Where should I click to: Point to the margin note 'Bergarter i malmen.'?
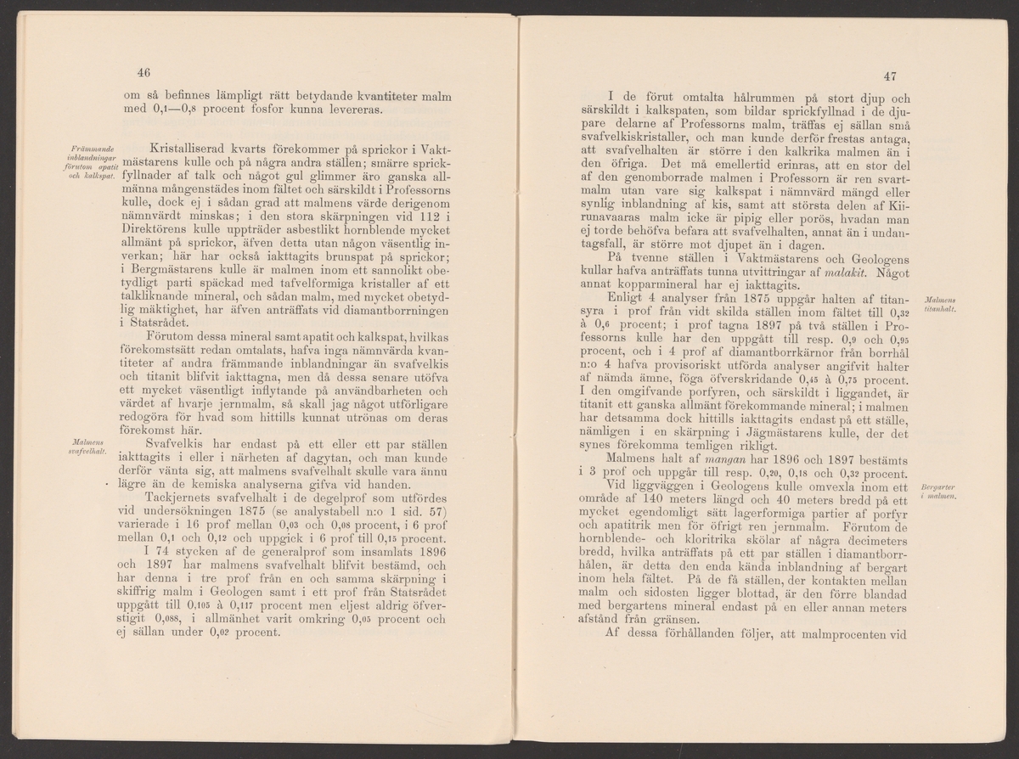click(x=937, y=492)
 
